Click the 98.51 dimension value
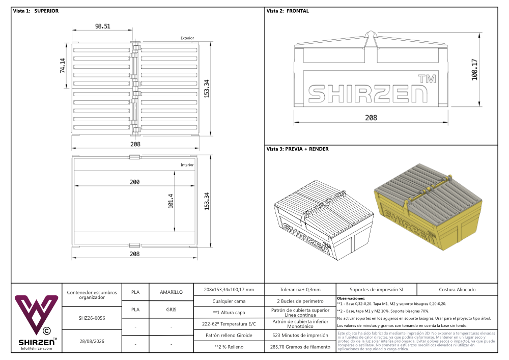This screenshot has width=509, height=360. coord(103,26)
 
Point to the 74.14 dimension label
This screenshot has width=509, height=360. coord(62,66)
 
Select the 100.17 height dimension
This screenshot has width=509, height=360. coord(474,69)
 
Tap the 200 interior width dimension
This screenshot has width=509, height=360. coord(135,182)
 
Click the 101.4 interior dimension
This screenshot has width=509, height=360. coord(171,201)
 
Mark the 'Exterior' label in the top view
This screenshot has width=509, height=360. coord(187,38)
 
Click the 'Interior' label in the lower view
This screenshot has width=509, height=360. coord(187,165)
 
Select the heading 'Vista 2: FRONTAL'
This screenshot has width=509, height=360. coord(288,11)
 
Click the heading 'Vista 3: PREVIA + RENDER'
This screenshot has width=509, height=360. coord(297,149)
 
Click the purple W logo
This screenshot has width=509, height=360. coord(36,314)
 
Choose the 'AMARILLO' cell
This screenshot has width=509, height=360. coord(171,292)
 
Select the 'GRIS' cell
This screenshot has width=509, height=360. coord(171,310)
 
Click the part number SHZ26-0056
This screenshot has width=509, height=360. coord(92,318)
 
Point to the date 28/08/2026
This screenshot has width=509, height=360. coord(92,341)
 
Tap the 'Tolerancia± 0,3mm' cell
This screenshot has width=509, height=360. coord(300,290)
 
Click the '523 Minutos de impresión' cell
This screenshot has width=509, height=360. coord(300,336)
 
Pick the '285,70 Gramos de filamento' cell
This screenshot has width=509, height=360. coord(300,347)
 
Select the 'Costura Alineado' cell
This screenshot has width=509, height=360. coord(457,290)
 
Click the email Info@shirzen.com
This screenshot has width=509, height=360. coord(37,348)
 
